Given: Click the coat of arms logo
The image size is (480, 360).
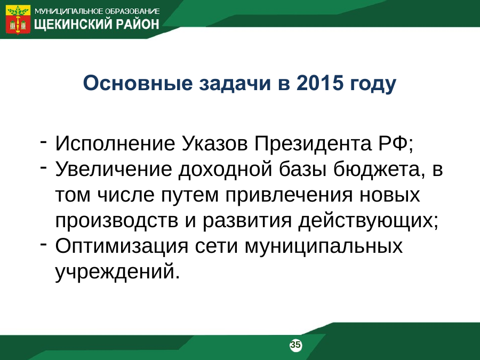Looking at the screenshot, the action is (x=18, y=19).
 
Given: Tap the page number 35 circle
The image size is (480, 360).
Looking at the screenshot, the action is (x=295, y=345).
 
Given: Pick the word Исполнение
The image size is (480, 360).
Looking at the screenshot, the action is (x=115, y=143).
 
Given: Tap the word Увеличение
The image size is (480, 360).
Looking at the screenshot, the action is (x=114, y=169).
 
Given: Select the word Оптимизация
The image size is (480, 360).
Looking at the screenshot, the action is (x=122, y=246).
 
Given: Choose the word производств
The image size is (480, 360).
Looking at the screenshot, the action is (x=117, y=220).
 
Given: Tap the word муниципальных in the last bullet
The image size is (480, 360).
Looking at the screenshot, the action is (x=324, y=246).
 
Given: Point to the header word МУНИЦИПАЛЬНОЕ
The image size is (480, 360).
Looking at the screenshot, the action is (x=69, y=11).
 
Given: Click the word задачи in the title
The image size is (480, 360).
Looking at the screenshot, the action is (x=235, y=84).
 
